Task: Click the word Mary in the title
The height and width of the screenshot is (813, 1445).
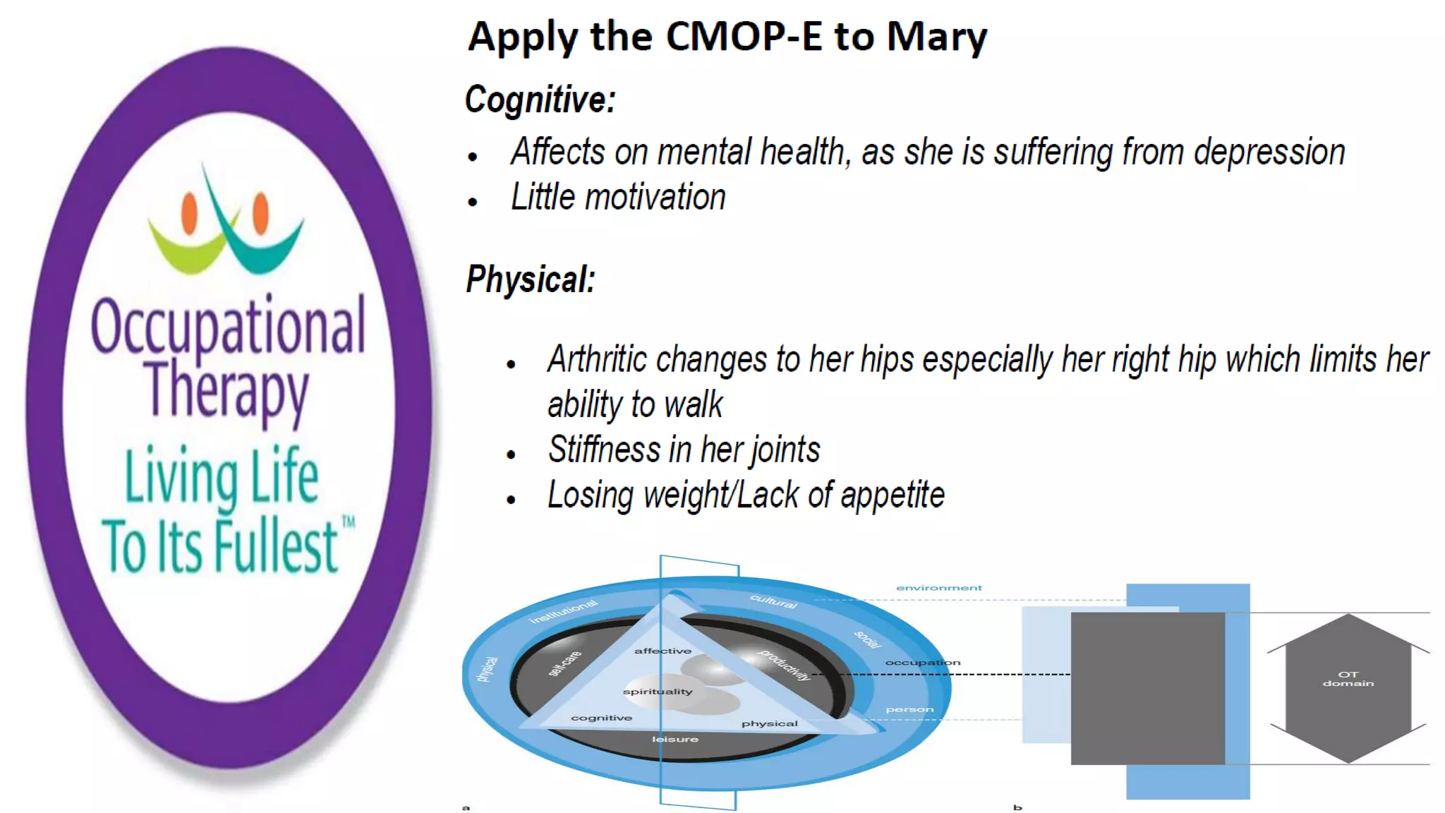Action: [x=936, y=37]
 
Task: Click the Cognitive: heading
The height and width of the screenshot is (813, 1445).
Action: [x=540, y=100]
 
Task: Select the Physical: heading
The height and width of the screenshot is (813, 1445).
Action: [x=531, y=279]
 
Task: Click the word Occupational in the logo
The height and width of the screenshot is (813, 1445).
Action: [x=228, y=327]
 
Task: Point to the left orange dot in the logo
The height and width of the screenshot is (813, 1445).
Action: [x=189, y=214]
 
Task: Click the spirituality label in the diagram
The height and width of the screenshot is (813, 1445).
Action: [x=658, y=692]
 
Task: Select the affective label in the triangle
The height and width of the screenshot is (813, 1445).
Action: [x=663, y=651]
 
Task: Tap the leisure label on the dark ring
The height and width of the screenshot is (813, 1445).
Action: [x=675, y=739]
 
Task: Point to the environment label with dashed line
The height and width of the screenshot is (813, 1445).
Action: [x=938, y=588]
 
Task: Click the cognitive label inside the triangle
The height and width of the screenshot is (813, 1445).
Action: [x=601, y=718]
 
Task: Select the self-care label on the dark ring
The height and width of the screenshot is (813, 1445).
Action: [x=564, y=663]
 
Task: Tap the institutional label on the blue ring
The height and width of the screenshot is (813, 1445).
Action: [x=563, y=611]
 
